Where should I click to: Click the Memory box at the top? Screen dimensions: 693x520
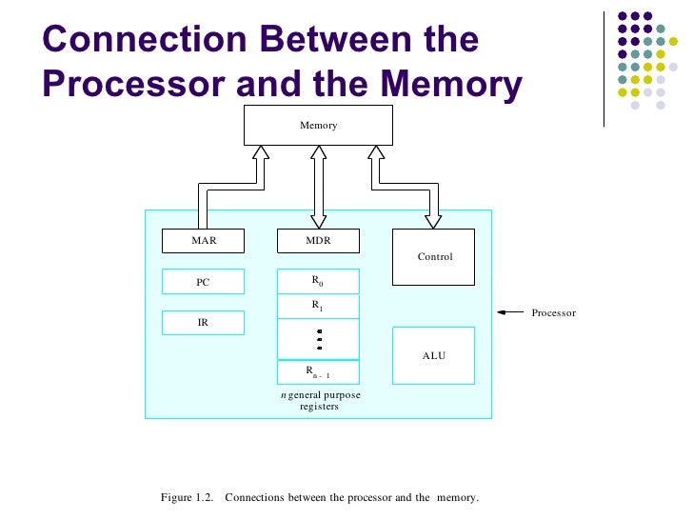(x=318, y=125)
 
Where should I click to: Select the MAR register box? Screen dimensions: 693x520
(x=203, y=241)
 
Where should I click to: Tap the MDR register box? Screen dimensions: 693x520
(x=318, y=241)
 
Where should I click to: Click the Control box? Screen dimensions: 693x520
(x=433, y=257)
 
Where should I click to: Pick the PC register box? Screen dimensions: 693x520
(x=203, y=282)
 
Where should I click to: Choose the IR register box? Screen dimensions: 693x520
(x=203, y=322)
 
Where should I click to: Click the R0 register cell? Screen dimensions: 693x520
(x=318, y=281)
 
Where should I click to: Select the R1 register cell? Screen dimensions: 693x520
(x=318, y=306)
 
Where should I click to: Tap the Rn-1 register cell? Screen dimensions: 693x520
(x=318, y=372)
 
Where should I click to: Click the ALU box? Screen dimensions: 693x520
(x=433, y=355)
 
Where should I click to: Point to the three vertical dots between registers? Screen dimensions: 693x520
(x=320, y=340)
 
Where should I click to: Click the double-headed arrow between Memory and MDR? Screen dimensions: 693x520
(x=319, y=187)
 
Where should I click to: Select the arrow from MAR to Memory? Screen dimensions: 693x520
(x=231, y=187)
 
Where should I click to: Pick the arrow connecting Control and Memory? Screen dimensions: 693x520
(x=405, y=187)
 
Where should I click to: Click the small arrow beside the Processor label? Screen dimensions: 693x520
(x=510, y=312)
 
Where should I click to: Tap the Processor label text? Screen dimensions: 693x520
(x=554, y=312)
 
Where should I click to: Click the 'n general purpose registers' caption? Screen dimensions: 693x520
(x=321, y=400)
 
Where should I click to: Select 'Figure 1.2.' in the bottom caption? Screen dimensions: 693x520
(x=187, y=497)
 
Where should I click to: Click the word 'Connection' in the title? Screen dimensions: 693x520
(x=144, y=39)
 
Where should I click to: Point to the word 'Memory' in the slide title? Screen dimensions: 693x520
(x=451, y=84)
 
